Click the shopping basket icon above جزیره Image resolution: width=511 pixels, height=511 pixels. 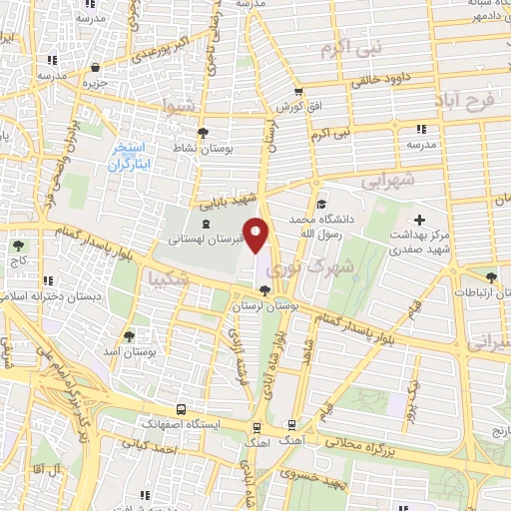point(95,68)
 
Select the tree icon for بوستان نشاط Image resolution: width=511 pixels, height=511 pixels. point(204,133)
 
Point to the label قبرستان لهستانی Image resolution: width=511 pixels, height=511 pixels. point(200,240)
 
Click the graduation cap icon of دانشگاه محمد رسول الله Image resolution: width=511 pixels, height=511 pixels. point(316,200)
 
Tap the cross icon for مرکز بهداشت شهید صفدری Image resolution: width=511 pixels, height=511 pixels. point(418,219)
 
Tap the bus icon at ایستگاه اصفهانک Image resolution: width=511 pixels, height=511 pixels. point(181,409)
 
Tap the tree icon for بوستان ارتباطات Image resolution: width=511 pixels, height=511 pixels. point(489,277)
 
